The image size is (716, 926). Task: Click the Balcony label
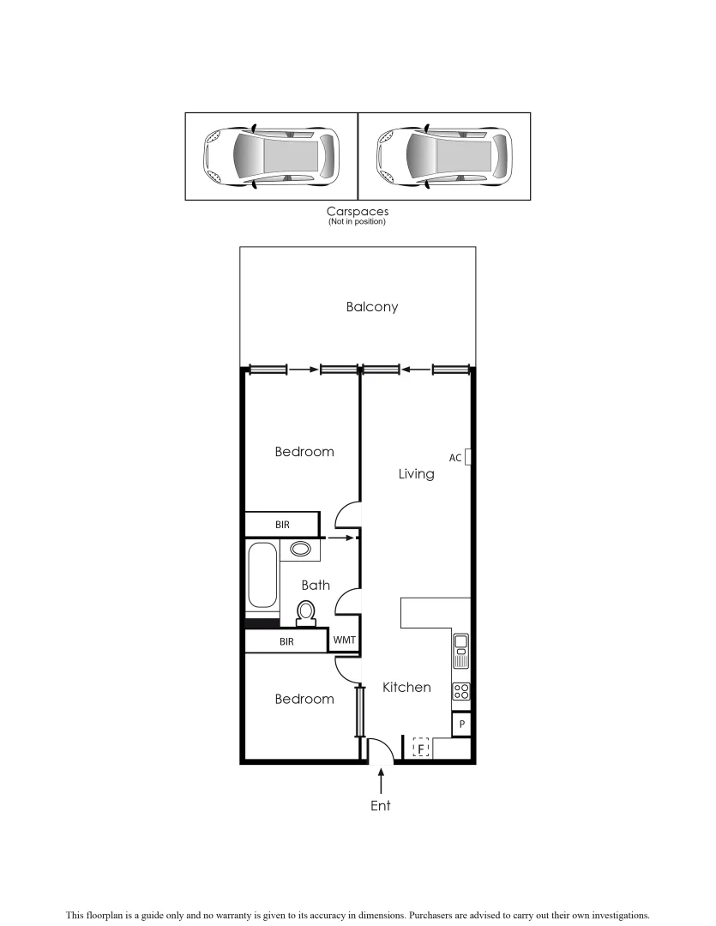pyautogui.click(x=372, y=307)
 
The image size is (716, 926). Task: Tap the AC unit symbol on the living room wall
pyautogui.click(x=468, y=457)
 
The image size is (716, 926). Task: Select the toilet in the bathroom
pyautogui.click(x=305, y=611)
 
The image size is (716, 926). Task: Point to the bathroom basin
pyautogui.click(x=301, y=549)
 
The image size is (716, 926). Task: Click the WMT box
pyautogui.click(x=344, y=640)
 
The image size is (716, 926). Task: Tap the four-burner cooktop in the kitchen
pyautogui.click(x=460, y=691)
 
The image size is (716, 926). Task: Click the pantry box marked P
pyautogui.click(x=461, y=725)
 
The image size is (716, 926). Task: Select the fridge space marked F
pyautogui.click(x=421, y=749)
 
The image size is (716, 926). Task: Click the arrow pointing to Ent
pyautogui.click(x=381, y=780)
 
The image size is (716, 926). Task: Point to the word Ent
pyautogui.click(x=381, y=806)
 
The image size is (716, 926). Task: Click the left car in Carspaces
pyautogui.click(x=271, y=157)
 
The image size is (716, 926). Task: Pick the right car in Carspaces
pyautogui.click(x=444, y=157)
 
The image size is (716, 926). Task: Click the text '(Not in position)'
pyautogui.click(x=357, y=222)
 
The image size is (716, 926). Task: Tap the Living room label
pyautogui.click(x=416, y=473)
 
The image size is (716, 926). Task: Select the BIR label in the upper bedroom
pyautogui.click(x=282, y=524)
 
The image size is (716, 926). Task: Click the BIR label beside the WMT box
pyautogui.click(x=286, y=641)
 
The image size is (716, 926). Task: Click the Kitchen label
pyautogui.click(x=406, y=687)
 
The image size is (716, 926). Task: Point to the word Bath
pyautogui.click(x=316, y=586)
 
